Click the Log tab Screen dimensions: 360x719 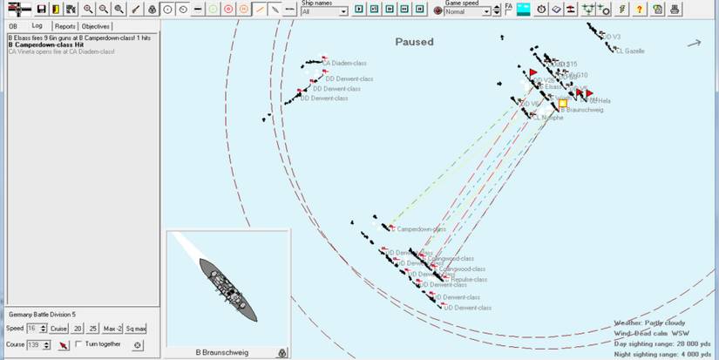click(37, 26)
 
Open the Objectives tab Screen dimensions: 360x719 click(96, 26)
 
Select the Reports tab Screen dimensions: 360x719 click(65, 26)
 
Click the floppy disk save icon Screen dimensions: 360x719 click(41, 9)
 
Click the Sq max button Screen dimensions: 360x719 click(136, 329)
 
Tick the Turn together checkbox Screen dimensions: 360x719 click(80, 345)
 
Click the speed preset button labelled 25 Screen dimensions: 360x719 click(93, 329)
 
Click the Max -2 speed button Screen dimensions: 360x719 click(112, 329)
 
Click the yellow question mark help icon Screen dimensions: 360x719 click(640, 9)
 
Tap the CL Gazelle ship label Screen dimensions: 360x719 click(630, 51)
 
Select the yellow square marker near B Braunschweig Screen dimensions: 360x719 click(563, 103)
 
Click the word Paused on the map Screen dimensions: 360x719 click(414, 42)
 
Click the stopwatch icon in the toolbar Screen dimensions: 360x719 click(541, 9)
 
